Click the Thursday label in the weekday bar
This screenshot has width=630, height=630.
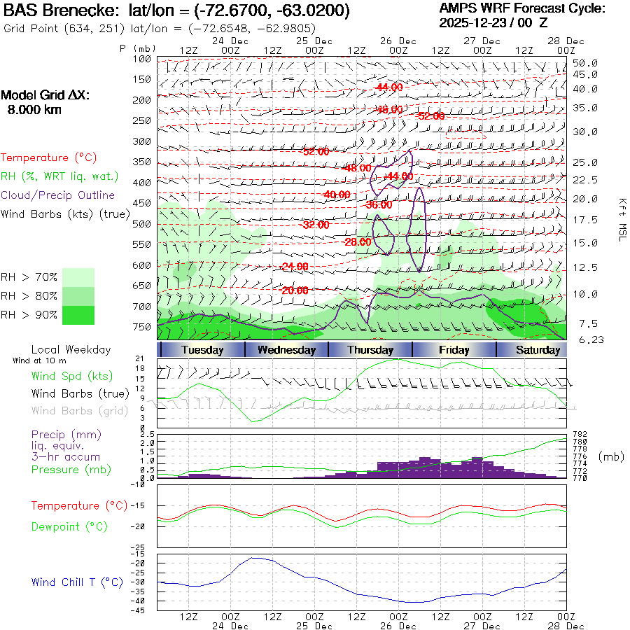point(370,350)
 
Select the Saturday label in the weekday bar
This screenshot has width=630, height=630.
point(538,350)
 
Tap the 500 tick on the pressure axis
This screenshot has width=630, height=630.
point(142,224)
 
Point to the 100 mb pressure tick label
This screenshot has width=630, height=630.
point(142,59)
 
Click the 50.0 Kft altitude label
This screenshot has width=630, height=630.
point(584,63)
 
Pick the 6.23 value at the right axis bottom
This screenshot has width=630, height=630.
point(584,339)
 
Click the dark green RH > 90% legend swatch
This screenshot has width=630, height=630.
point(78,316)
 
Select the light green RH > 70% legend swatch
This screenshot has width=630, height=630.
point(78,277)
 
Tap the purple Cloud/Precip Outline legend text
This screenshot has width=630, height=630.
point(58,195)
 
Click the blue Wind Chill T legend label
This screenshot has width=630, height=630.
point(76,582)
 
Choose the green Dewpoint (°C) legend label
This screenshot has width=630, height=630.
point(69,526)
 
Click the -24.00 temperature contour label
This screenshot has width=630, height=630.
point(294,267)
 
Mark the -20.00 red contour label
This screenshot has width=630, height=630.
point(294,290)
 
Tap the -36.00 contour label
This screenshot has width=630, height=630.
point(379,205)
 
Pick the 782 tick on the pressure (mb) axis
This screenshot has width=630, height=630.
point(579,435)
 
